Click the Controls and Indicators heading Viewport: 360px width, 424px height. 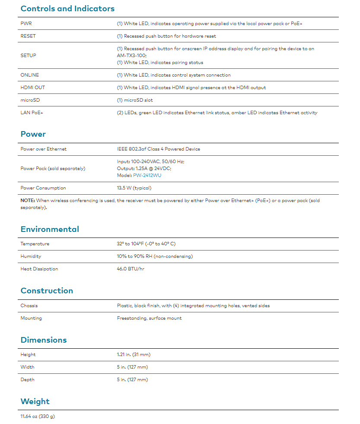pyautogui.click(x=67, y=9)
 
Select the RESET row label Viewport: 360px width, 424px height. pyautogui.click(x=28, y=36)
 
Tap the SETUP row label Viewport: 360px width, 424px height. pyautogui.click(x=28, y=55)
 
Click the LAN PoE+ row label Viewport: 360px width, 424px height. pyautogui.click(x=32, y=112)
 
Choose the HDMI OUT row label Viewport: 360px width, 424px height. pyautogui.click(x=32, y=87)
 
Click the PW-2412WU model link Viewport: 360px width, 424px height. pyautogui.click(x=147, y=175)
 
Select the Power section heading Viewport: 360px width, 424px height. pyautogui.click(x=33, y=134)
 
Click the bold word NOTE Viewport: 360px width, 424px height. pyautogui.click(x=28, y=200)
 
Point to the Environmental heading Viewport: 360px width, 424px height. pyautogui.click(x=50, y=229)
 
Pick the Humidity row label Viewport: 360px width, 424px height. pyautogui.click(x=31, y=256)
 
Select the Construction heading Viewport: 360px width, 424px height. pyautogui.click(x=47, y=291)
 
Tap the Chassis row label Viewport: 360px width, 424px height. pyautogui.click(x=29, y=305)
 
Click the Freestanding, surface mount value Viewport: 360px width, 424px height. pyautogui.click(x=149, y=318)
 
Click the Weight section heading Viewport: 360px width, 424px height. pyautogui.click(x=35, y=402)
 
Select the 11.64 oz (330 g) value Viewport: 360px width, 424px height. pyautogui.click(x=38, y=416)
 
